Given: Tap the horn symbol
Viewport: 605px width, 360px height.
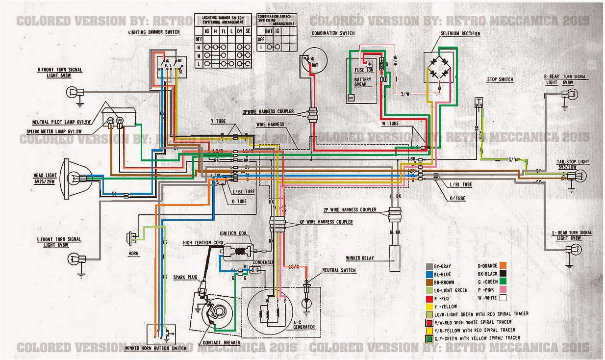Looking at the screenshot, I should (131, 237).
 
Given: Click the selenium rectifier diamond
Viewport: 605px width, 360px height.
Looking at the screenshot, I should (439, 72).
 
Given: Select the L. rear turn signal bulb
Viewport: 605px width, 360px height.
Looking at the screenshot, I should (570, 250).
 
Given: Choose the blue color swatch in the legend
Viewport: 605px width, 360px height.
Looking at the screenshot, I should (430, 274).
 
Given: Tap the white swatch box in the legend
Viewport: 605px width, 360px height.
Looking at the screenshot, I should (503, 297).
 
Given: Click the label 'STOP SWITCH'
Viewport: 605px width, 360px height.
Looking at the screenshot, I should (500, 79).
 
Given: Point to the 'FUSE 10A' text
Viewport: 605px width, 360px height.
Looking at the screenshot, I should (363, 70).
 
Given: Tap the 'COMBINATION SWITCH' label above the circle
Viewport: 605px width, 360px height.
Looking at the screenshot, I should (333, 33).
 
